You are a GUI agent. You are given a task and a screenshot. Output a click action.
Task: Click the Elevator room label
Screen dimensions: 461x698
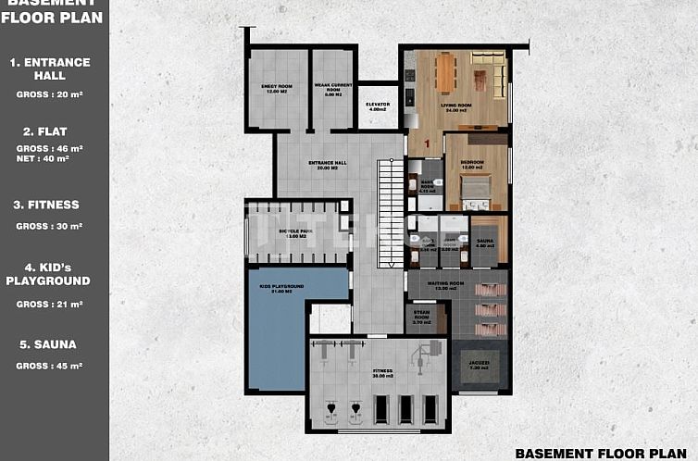click(377, 106)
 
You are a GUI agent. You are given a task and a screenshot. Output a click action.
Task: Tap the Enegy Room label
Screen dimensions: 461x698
click(277, 89)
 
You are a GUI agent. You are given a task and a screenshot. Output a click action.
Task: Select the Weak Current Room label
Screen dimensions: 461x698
click(330, 89)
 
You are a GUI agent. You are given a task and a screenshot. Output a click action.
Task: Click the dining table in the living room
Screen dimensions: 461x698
click(445, 72)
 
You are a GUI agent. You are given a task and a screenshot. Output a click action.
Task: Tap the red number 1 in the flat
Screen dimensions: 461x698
click(427, 143)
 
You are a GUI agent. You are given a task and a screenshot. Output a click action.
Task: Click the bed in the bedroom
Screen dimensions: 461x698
click(474, 189)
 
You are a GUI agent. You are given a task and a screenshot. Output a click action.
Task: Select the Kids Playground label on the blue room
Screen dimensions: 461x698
click(281, 289)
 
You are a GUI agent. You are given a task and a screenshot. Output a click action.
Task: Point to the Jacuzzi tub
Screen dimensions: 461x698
click(480, 366)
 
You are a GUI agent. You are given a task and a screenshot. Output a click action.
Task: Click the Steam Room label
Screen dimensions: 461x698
click(422, 318)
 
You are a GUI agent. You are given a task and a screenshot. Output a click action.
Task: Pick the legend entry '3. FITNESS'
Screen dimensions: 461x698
click(50, 205)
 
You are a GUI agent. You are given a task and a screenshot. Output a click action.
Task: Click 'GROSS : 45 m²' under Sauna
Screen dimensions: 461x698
click(50, 366)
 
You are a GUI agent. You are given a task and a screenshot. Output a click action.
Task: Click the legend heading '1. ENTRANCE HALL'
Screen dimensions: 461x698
click(50, 69)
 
